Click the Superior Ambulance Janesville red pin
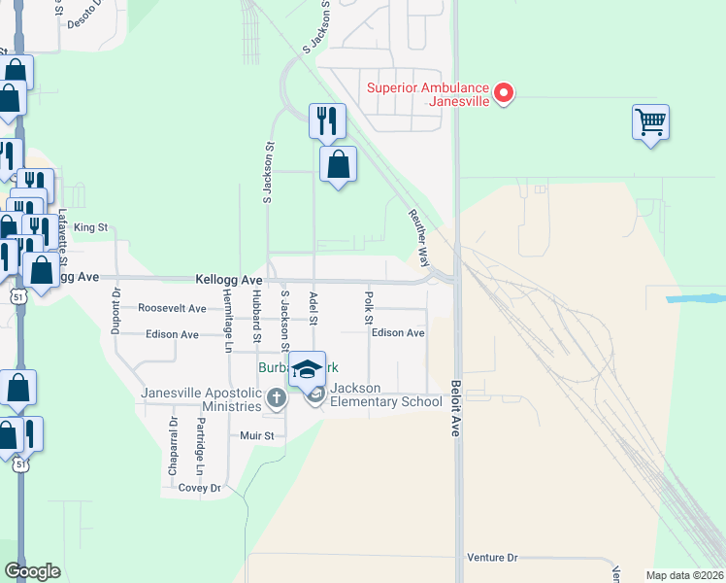point(504,93)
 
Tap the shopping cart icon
point(650,122)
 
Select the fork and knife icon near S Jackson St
point(327,120)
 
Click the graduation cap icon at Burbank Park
point(308,369)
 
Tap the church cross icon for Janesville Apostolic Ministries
point(277,397)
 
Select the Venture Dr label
point(492,558)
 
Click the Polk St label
point(369,303)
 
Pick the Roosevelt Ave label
point(172,308)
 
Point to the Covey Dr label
point(200,488)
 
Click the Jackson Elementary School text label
point(385,395)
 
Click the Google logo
point(32,571)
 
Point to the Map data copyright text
point(684,575)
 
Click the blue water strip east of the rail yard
point(696,297)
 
